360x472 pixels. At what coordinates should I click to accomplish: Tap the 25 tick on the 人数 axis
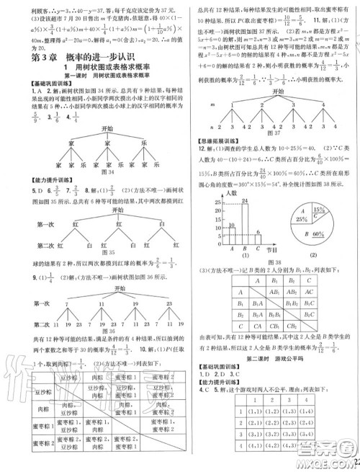pos(202,203)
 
